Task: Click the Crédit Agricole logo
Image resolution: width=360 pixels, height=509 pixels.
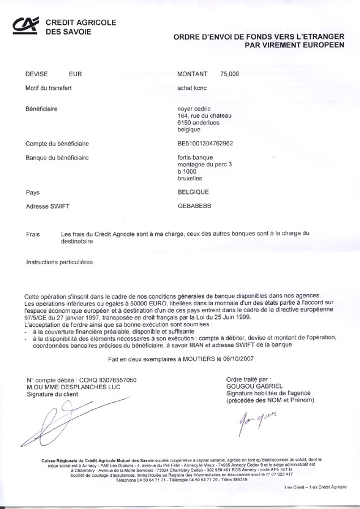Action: click(x=27, y=25)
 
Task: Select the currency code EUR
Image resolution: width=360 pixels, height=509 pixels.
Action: click(x=75, y=74)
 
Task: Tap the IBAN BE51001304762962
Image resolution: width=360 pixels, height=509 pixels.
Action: click(x=209, y=144)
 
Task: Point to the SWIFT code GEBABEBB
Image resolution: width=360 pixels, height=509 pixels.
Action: click(x=194, y=206)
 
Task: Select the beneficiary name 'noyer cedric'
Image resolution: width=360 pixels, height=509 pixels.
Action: click(x=194, y=109)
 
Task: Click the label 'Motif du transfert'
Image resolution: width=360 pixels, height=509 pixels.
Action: click(x=49, y=88)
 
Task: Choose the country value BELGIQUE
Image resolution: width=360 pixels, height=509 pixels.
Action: click(x=193, y=192)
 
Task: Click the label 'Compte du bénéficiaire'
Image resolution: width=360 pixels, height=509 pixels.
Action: click(x=57, y=144)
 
